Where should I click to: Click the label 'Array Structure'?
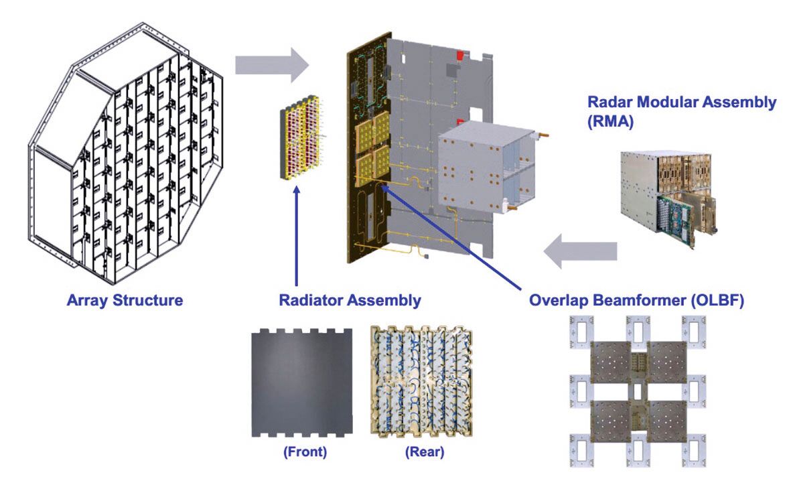click(x=125, y=300)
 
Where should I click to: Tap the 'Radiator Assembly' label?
click(x=350, y=300)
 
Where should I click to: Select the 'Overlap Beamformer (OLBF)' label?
click(x=636, y=300)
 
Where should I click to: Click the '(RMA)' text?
click(x=610, y=122)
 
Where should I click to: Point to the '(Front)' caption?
click(x=305, y=452)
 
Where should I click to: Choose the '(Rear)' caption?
click(x=424, y=452)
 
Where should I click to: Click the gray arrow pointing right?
click(x=272, y=65)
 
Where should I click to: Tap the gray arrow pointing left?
click(x=580, y=251)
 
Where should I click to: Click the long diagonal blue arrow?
click(x=451, y=238)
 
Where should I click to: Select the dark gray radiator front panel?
click(x=302, y=383)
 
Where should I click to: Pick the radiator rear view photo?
click(x=422, y=381)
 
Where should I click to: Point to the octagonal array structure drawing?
click(x=126, y=153)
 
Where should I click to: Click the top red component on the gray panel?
click(x=460, y=54)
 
